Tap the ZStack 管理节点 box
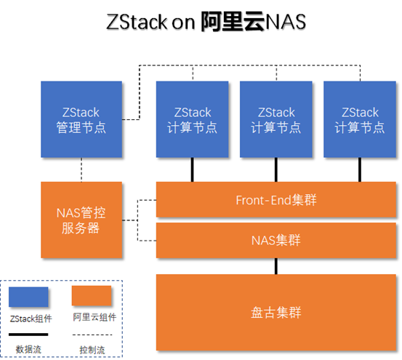[81, 119]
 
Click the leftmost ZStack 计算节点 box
[193, 119]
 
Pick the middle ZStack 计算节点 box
[276, 119]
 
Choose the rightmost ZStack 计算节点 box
[360, 119]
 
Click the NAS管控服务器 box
[81, 220]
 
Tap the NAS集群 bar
[276, 240]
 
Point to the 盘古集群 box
[276, 313]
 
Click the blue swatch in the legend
[28, 297]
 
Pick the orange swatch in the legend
[92, 296]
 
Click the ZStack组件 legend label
[32, 318]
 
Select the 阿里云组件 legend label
[95, 318]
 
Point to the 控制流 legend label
[92, 348]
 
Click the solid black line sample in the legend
[28, 335]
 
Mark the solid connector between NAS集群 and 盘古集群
[276, 265]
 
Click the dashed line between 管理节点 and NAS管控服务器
[81, 169]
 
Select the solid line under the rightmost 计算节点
[360, 169]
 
